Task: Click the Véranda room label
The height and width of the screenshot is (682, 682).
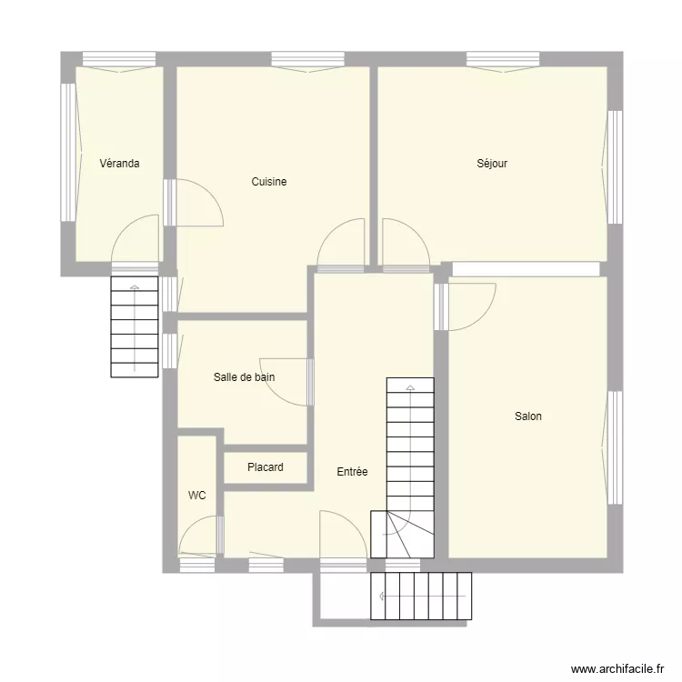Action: pos(119,164)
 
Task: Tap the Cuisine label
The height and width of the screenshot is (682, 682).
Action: pos(269,182)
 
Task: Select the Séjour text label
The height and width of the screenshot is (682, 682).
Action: pos(492,164)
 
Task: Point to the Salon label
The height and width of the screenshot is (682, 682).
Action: pos(528,416)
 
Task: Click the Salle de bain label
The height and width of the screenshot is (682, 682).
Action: pos(244,376)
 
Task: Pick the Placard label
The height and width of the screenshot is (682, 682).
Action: pos(266,467)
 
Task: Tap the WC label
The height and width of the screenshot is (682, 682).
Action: pos(197,496)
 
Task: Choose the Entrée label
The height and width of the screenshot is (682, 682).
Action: pos(352,472)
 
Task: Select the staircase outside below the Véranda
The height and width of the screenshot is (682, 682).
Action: pos(135,326)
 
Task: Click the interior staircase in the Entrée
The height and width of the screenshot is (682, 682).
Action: pos(410,455)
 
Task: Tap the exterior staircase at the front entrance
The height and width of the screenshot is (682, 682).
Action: pos(422,597)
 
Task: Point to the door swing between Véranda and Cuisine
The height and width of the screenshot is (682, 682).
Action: pos(198,203)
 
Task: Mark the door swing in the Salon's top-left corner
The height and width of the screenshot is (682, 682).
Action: pos(471,306)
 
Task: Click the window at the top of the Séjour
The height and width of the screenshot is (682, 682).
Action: pos(504,59)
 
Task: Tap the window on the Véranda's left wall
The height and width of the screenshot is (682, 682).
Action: pos(67,152)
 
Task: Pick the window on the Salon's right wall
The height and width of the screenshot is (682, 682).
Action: pos(615,447)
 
